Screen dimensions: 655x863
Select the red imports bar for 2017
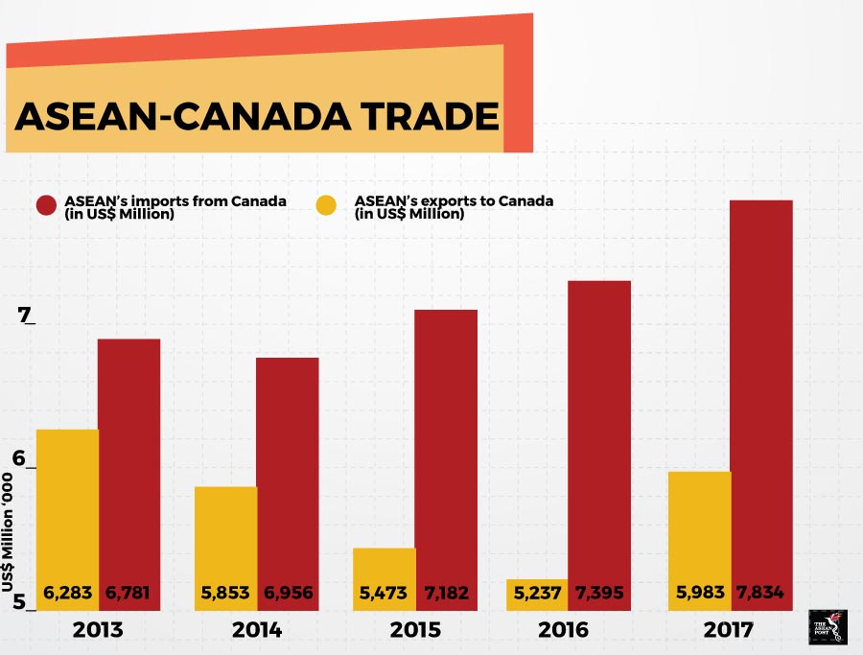tap(761, 384)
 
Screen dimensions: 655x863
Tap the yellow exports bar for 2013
tap(67, 499)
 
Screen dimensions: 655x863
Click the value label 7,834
tap(761, 594)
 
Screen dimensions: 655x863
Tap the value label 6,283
tap(67, 594)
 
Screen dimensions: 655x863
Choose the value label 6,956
tap(288, 594)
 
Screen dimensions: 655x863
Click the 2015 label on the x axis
tap(415, 630)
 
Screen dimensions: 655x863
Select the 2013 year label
tap(97, 630)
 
